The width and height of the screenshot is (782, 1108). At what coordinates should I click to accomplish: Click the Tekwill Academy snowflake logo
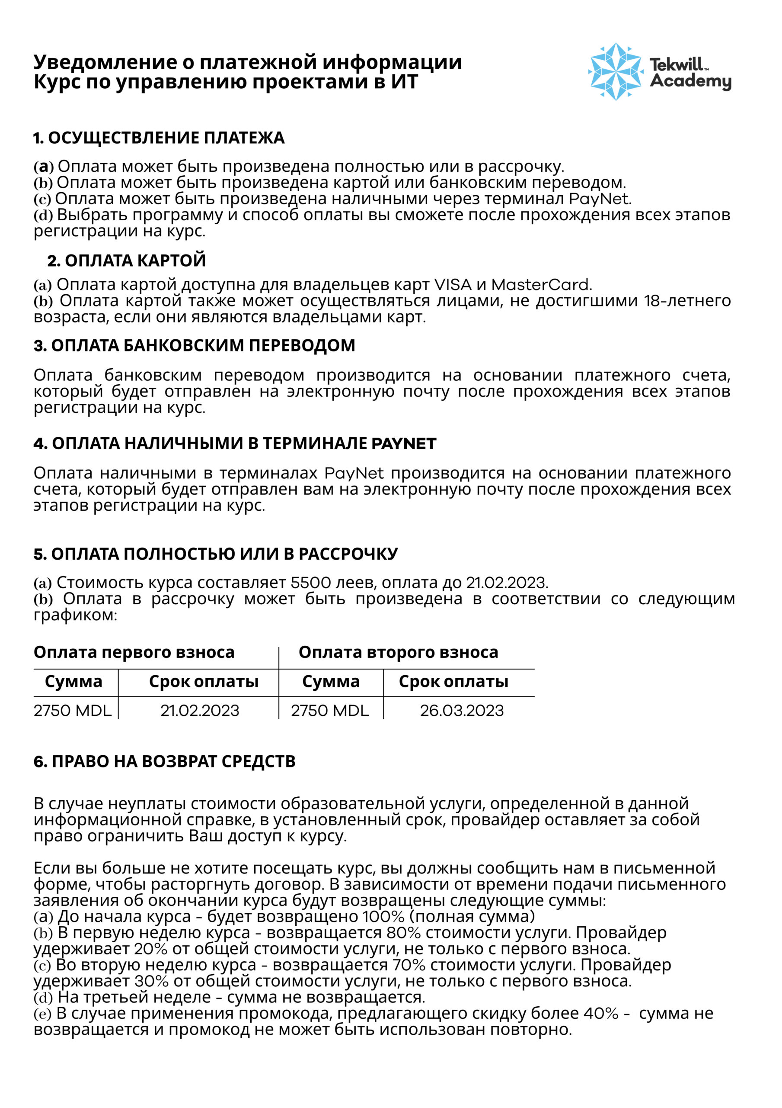click(x=615, y=72)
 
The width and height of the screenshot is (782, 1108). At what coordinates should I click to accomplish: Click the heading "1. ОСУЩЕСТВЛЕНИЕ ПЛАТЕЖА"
click(x=159, y=138)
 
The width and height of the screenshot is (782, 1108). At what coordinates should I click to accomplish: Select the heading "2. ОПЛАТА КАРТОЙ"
click(x=126, y=261)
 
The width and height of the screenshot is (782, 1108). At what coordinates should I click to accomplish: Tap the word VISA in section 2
click(x=453, y=285)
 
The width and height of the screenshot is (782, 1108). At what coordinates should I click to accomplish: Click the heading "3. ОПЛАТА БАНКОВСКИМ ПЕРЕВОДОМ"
click(x=194, y=345)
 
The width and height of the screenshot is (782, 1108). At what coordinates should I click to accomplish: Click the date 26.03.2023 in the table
click(x=461, y=711)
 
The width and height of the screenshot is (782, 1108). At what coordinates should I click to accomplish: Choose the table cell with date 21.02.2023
click(x=200, y=711)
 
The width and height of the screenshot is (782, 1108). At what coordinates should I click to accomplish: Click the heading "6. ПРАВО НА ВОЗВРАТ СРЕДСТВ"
click(x=164, y=761)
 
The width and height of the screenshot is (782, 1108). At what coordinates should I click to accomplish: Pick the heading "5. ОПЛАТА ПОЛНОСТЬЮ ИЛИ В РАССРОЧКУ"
click(x=216, y=554)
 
